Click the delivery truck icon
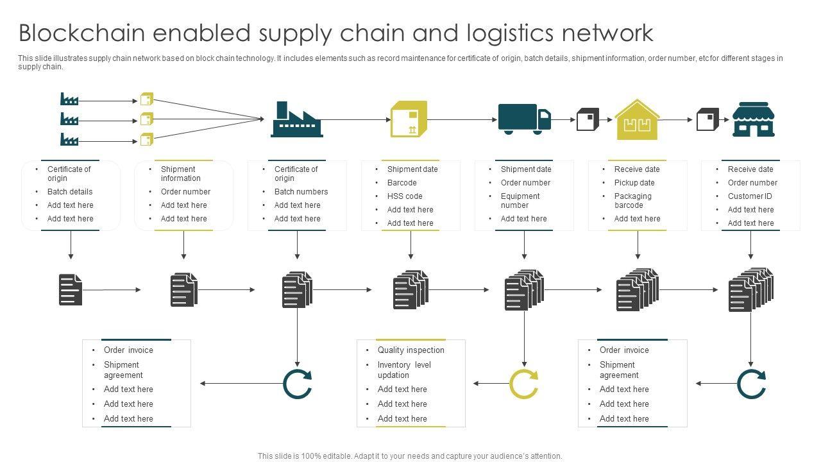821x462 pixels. (x=524, y=119)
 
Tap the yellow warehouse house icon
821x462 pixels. (x=636, y=120)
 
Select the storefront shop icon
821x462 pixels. (x=753, y=119)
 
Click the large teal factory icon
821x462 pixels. (x=297, y=119)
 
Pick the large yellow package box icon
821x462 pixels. (x=409, y=119)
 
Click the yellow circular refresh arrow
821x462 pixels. (x=523, y=384)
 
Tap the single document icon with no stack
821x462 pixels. (x=71, y=289)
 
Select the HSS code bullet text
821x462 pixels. (x=405, y=196)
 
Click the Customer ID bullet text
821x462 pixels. (x=750, y=196)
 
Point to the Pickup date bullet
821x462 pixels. (x=634, y=183)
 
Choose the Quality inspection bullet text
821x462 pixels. (x=410, y=350)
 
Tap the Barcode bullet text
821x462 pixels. (x=402, y=183)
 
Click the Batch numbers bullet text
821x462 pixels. (x=301, y=192)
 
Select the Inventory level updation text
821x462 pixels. (x=404, y=370)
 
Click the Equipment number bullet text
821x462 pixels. (x=520, y=201)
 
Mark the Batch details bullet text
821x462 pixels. (x=70, y=192)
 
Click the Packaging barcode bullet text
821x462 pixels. (x=632, y=201)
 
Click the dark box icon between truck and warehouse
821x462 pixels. (x=588, y=119)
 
